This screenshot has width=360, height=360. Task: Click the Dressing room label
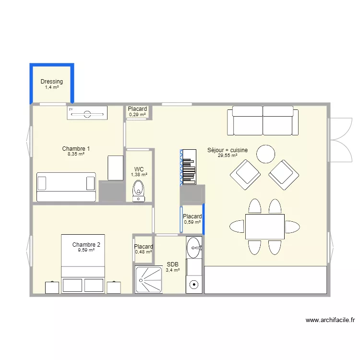[51, 82]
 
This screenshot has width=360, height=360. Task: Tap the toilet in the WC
[139, 191]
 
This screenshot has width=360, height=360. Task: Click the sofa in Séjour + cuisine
[263, 121]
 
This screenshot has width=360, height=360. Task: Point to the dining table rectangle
[264, 227]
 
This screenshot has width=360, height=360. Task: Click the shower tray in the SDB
[149, 280]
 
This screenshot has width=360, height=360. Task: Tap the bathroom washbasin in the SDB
[194, 248]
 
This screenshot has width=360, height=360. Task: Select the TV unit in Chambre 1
[87, 113]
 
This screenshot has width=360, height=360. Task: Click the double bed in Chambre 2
[83, 264]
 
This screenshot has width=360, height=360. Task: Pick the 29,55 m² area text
[228, 156]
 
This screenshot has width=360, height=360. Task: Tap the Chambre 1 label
[76, 149]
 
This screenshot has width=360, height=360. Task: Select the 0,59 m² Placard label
[192, 222]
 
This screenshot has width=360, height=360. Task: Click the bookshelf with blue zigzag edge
[188, 167]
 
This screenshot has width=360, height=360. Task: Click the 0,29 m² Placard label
[137, 115]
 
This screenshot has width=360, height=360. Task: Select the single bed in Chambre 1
[66, 187]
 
